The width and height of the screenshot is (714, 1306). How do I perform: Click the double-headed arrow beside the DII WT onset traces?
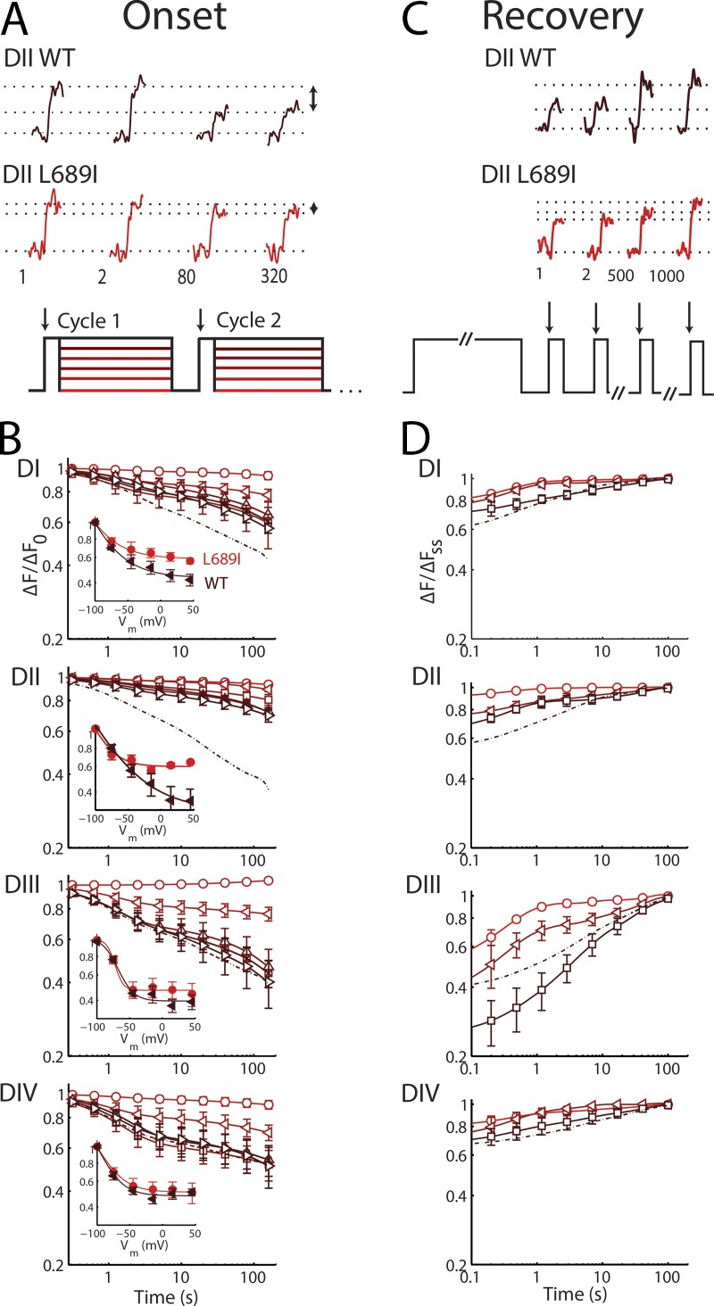point(312,97)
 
